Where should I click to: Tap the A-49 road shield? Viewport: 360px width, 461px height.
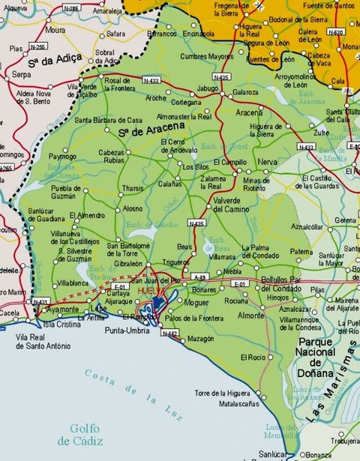pyautogui.click(x=199, y=277)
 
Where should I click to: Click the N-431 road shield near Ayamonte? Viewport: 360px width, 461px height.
pyautogui.click(x=40, y=302)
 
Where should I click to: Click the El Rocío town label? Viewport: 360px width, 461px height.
pyautogui.click(x=253, y=358)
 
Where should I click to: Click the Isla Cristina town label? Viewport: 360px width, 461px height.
pyautogui.click(x=61, y=325)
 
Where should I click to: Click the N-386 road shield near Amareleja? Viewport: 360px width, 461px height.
pyautogui.click(x=71, y=8)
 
